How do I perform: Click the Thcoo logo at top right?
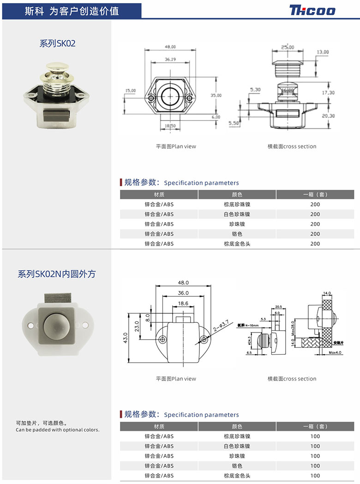(312, 10)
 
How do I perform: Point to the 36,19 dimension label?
(170, 59)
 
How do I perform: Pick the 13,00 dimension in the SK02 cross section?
(323, 52)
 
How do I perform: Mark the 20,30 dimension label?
(328, 116)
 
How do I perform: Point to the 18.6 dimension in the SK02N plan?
(183, 303)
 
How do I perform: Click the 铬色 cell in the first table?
(237, 234)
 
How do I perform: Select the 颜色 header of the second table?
(237, 426)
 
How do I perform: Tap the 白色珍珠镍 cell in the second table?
(237, 446)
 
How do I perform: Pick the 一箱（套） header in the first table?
(315, 194)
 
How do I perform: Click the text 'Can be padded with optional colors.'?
(57, 430)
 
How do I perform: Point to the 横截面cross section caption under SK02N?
(292, 379)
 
